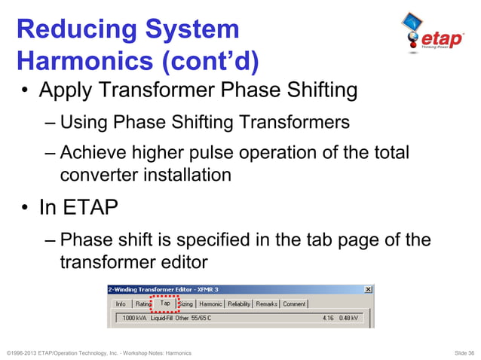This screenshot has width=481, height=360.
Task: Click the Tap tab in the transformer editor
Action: coord(165,304)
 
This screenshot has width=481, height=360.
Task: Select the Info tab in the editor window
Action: coord(120,304)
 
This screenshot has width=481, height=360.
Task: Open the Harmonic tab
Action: coord(210,304)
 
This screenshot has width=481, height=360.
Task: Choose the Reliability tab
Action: coord(239,304)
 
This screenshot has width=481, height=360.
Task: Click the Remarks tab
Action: coord(267,304)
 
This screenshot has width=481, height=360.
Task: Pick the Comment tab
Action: coord(294,304)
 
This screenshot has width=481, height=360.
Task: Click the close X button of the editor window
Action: coord(368,289)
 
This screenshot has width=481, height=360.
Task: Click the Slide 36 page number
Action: coord(461,352)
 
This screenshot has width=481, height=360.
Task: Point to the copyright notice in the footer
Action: coord(98,352)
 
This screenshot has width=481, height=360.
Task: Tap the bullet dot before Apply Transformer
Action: coord(25,92)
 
